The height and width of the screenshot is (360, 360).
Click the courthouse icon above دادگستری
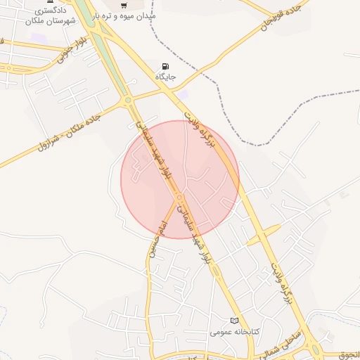49,3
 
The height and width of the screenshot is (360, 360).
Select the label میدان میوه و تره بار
128,15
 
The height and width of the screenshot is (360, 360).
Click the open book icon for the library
235,321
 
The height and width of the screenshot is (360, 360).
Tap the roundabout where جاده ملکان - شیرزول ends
128,101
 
